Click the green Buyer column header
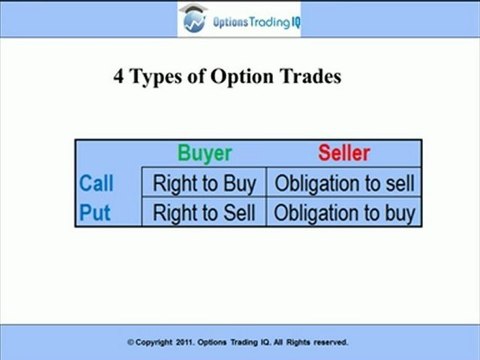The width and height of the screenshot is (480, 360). (204, 154)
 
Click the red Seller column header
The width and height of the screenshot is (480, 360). (344, 154)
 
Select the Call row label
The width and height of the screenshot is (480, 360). (96, 184)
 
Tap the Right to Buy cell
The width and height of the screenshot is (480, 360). (204, 184)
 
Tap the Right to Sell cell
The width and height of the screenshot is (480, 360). (204, 212)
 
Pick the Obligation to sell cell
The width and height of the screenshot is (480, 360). (344, 184)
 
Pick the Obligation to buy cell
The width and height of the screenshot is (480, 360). (344, 212)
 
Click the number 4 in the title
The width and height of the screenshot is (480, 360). (119, 77)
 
